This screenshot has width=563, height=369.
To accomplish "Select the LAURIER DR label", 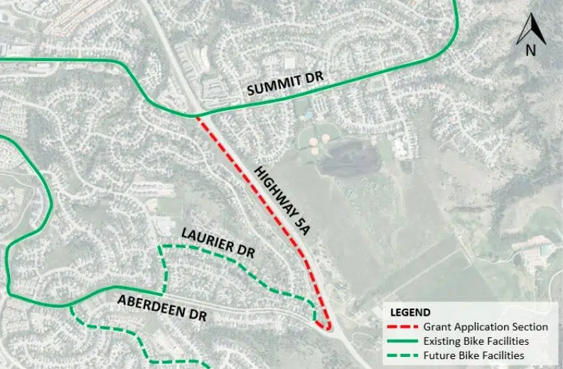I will point(218,243).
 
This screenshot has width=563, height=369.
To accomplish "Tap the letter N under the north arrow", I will point(530,50).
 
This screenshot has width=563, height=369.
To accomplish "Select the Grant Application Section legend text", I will point(486,327).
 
